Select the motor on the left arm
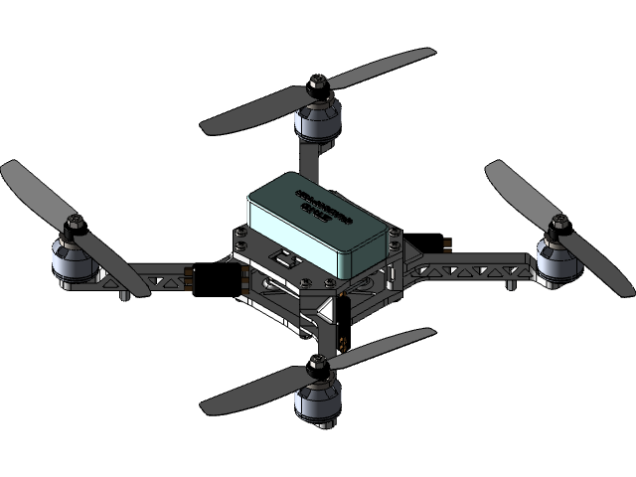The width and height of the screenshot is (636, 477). [x=72, y=262]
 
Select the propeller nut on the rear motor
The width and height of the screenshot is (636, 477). [x=317, y=86]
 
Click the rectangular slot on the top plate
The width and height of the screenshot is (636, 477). [x=288, y=260]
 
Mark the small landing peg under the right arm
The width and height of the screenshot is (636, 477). [x=510, y=284]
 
